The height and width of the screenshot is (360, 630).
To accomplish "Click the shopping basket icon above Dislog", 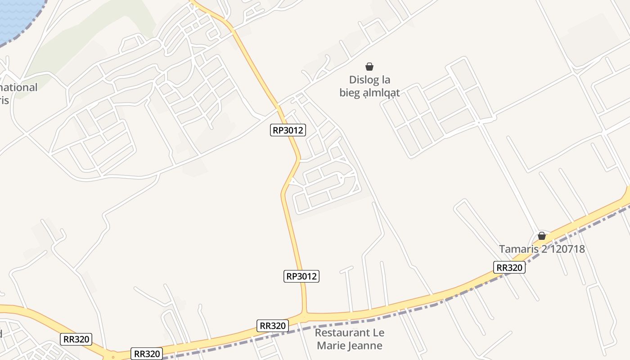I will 369,67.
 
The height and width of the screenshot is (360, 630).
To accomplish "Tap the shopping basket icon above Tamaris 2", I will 542,236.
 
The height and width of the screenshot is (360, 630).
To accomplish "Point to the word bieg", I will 350,93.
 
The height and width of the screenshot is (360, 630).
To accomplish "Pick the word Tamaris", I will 519,249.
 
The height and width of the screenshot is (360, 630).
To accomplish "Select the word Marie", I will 330,346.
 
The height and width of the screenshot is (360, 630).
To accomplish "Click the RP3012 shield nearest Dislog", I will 288,130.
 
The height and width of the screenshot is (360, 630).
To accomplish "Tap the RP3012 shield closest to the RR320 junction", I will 301,276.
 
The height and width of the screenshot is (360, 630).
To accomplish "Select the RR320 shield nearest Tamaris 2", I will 509,268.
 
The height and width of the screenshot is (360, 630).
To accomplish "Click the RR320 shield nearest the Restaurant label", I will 273,326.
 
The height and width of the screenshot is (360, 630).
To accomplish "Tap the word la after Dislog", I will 385,81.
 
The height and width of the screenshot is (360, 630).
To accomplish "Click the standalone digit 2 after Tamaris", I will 544,249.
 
